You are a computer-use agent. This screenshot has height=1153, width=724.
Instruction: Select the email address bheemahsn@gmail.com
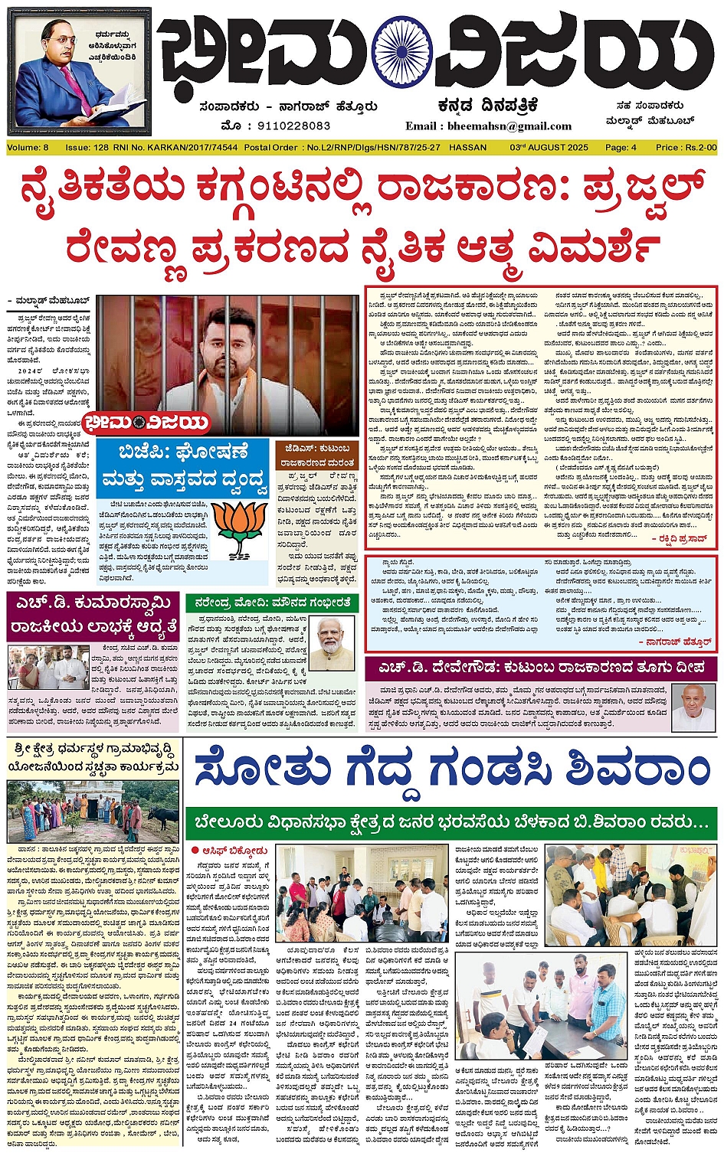[489, 126]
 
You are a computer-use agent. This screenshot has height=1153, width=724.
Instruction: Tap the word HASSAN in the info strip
[467, 147]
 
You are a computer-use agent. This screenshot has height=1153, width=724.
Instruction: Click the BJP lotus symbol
[240, 528]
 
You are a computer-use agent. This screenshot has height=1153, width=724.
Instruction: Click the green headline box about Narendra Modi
[272, 603]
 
